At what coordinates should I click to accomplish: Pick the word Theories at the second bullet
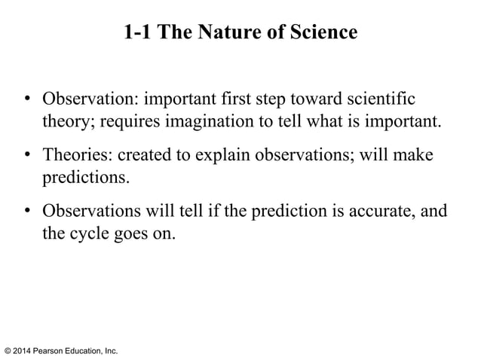[x=73, y=155]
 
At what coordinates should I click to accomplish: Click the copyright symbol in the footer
[x=8, y=351]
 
